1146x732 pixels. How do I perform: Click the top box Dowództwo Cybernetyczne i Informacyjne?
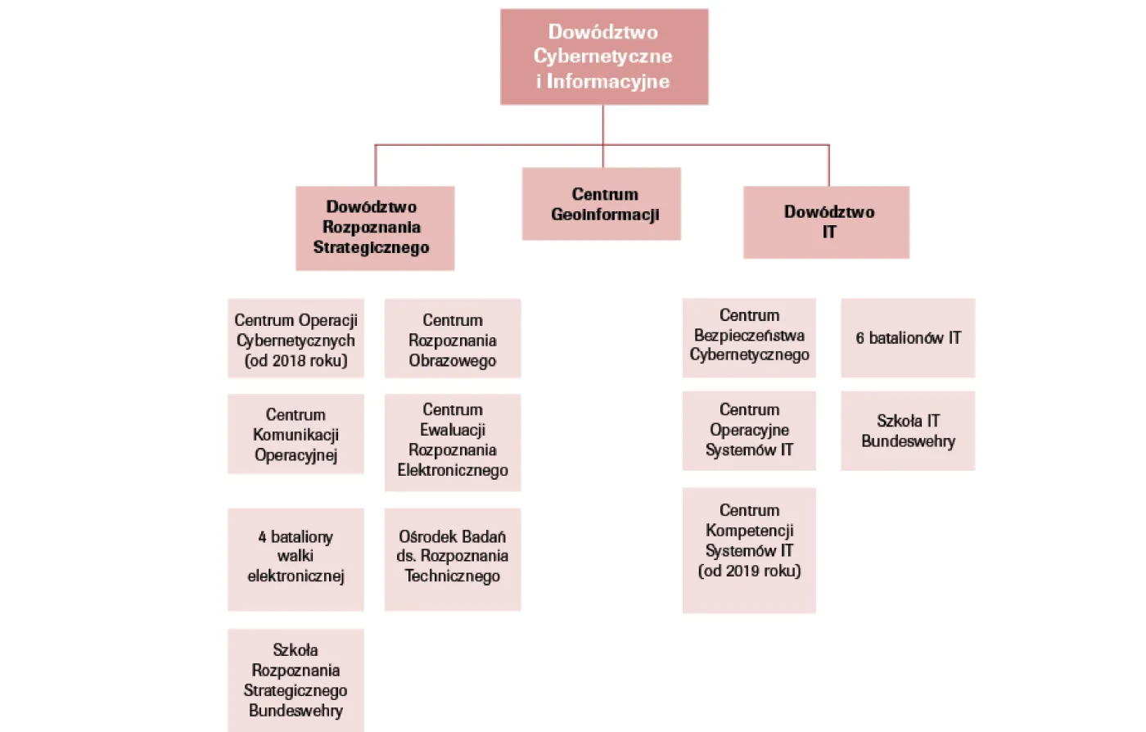coord(604,56)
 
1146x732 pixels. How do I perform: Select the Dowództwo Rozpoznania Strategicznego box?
coord(375,228)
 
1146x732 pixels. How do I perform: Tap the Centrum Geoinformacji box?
coord(602,204)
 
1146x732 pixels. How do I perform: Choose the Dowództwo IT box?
coord(826,222)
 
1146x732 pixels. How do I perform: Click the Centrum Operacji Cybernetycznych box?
coord(296,338)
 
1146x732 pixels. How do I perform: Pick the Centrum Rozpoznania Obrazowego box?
coord(453,338)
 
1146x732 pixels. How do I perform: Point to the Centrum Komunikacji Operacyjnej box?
coord(296,434)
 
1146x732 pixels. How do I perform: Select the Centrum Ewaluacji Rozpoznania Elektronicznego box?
coord(453,442)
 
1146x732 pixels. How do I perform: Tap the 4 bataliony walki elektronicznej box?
coord(296,559)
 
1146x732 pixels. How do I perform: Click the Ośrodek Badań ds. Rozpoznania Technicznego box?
coord(453,559)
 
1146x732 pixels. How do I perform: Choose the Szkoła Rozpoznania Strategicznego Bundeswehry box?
coord(296,680)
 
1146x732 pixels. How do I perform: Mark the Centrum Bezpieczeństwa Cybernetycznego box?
coord(749,337)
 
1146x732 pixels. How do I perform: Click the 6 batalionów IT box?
coord(908,337)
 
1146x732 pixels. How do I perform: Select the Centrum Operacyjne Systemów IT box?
coord(749,431)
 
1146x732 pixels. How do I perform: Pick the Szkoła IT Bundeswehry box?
coord(908,431)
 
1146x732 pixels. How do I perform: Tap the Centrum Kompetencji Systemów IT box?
coord(749,550)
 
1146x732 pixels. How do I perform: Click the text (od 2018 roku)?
coord(296,361)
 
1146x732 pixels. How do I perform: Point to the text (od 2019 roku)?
coord(749,572)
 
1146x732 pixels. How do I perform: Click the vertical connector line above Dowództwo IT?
coord(829,165)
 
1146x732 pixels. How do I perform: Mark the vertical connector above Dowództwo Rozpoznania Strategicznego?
coord(376,165)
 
